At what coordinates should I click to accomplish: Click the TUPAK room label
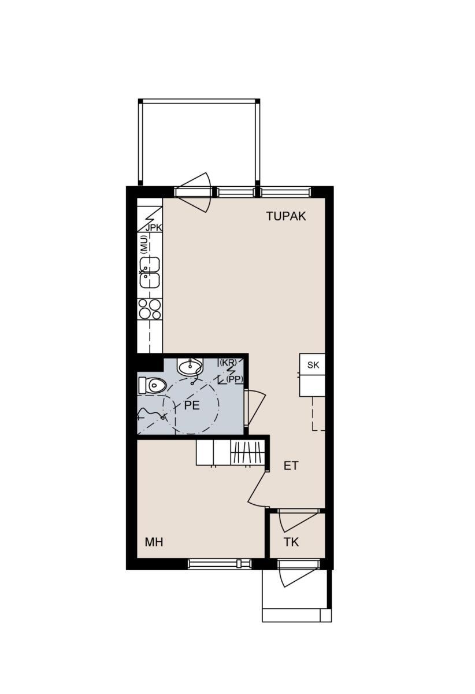(286, 216)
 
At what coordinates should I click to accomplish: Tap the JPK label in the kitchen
(154, 228)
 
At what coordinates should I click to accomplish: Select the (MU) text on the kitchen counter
(143, 244)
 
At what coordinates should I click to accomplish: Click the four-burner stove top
(150, 309)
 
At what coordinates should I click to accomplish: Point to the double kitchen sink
(150, 272)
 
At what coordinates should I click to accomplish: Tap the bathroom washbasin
(190, 367)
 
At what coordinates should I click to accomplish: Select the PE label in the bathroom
(192, 405)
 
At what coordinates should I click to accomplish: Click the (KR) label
(228, 362)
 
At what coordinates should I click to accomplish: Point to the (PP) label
(235, 379)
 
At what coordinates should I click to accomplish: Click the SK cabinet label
(313, 365)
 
